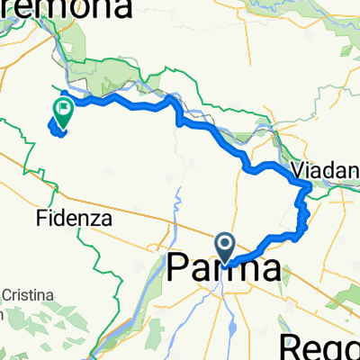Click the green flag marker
pos(63,112)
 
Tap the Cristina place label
pos(27,295)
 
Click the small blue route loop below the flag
pos(57,130)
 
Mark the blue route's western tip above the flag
pos(61,94)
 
